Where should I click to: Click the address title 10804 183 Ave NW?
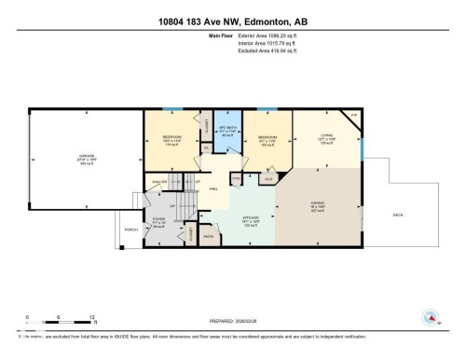pyautogui.click(x=232, y=21)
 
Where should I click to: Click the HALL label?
pyautogui.click(x=213, y=189)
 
